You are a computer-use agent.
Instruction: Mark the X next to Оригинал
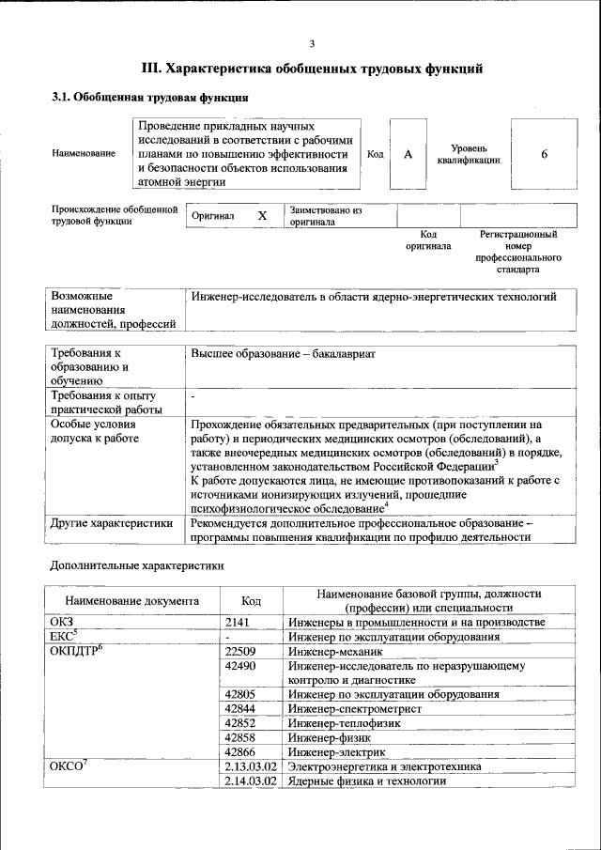(262, 216)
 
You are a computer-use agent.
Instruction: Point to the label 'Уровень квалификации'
(468, 154)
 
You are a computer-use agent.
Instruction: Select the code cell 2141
(240, 623)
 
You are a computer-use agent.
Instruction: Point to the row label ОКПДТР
(74, 651)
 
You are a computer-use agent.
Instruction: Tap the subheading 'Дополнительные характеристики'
(136, 566)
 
